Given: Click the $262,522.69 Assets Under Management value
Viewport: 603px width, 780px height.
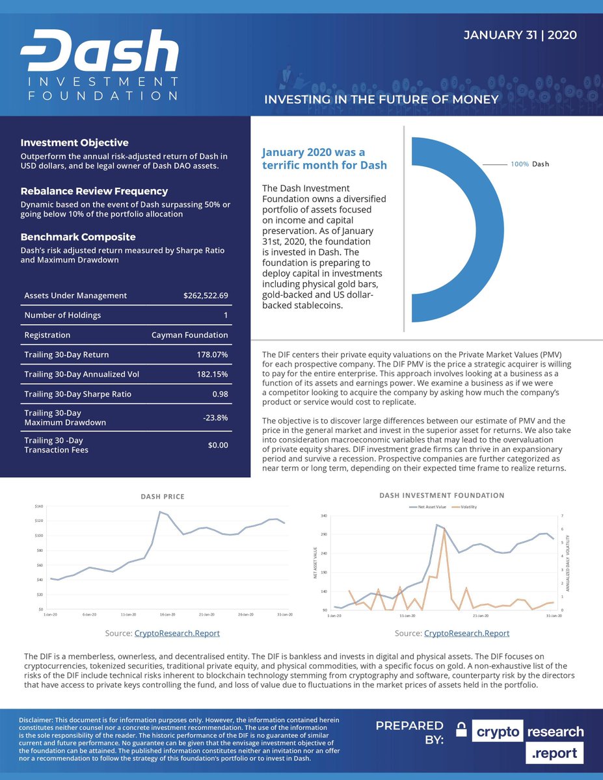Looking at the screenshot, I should pos(206,296).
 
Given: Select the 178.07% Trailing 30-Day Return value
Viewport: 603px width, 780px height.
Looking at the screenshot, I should pos(212,355).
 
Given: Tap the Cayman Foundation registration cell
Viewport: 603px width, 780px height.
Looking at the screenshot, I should pos(189,335).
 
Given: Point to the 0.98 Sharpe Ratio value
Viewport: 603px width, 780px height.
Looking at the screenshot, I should pos(220,394).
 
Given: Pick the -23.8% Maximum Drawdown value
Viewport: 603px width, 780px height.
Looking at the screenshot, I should pos(215,418).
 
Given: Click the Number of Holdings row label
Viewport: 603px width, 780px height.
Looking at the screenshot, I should pos(62,316).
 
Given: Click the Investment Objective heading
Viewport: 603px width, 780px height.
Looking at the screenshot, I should pos(74,142).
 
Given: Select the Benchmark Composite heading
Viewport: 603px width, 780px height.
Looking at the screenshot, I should pos(78,237).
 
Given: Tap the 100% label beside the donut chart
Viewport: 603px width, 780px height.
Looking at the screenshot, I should pos(519,164).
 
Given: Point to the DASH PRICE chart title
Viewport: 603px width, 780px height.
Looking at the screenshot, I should pos(163,497).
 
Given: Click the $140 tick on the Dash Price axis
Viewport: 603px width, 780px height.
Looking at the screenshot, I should pos(38,506).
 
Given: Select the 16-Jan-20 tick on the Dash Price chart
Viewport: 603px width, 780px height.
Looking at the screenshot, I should pos(167,614).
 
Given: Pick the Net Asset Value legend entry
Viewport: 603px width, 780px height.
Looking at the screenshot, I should pos(429,507).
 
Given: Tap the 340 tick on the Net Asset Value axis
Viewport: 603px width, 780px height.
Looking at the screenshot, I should pos(323,516).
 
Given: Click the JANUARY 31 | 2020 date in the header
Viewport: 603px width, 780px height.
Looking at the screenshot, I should pos(520,35).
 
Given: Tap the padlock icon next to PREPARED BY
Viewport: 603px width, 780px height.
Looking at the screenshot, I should pos(461,731).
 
